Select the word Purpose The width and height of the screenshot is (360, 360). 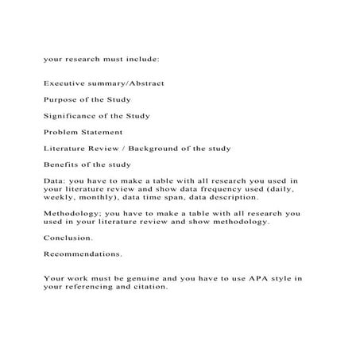(x=60, y=99)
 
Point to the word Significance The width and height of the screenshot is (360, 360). (x=71, y=115)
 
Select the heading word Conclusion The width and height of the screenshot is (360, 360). (x=68, y=238)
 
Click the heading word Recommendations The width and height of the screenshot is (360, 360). (x=83, y=254)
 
